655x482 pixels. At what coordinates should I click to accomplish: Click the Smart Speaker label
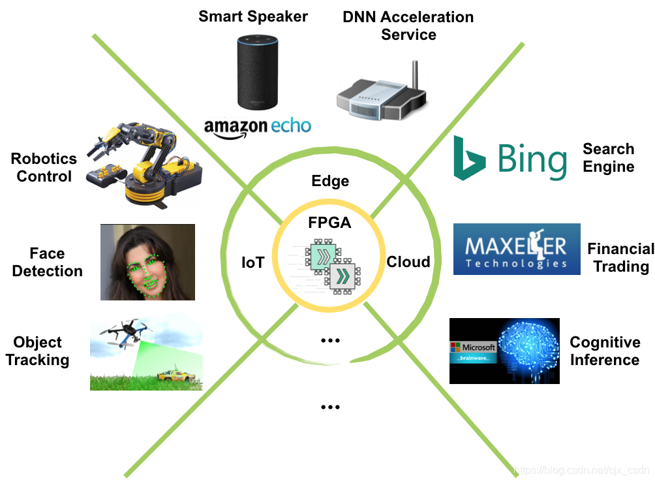[253, 17]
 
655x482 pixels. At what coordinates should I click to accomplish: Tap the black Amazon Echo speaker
[257, 72]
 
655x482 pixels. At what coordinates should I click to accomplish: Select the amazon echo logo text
[258, 127]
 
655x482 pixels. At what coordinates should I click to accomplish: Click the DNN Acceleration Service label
[408, 25]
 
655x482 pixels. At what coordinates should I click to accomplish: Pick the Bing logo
[510, 158]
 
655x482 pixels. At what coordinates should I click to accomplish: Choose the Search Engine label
[609, 157]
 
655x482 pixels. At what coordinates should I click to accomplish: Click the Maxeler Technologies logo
[517, 249]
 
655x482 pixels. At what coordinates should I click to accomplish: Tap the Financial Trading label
[620, 257]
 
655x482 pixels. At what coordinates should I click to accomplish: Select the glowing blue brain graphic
[528, 350]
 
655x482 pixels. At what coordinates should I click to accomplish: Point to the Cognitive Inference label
[605, 351]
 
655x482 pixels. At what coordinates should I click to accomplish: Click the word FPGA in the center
[329, 223]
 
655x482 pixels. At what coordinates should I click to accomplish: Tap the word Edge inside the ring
[330, 182]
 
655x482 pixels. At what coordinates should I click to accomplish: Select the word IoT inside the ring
[253, 263]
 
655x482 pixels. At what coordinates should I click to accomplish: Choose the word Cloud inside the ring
[408, 262]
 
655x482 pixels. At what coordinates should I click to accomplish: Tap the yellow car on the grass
[177, 375]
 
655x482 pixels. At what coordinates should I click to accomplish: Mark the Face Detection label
[47, 262]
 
